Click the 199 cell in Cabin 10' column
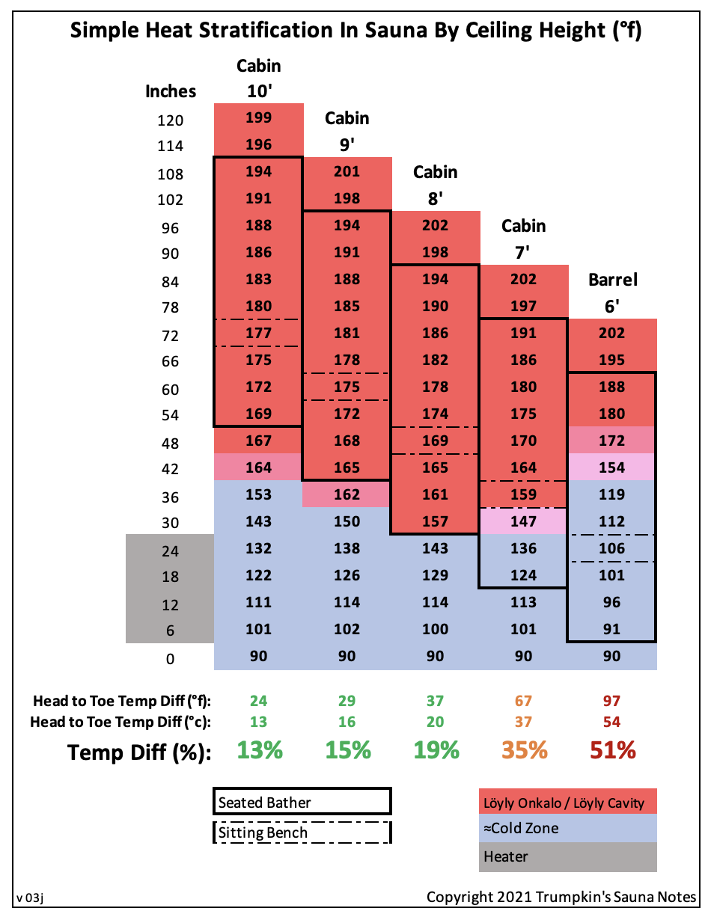click(x=258, y=117)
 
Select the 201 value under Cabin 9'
click(x=347, y=171)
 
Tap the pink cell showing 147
click(x=523, y=521)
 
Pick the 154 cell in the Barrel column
click(x=611, y=467)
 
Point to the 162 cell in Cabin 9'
click(x=347, y=494)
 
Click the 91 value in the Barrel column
click(x=611, y=629)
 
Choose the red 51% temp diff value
click(x=612, y=750)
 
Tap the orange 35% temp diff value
click(x=524, y=750)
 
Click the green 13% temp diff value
click(x=259, y=750)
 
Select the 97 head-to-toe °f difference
click(x=612, y=701)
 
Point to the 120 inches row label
click(x=171, y=120)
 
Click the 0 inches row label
click(x=171, y=659)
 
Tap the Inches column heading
click(x=171, y=91)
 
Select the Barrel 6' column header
click(x=612, y=292)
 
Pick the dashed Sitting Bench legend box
click(x=302, y=832)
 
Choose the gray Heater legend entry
click(x=567, y=856)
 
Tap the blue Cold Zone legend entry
click(x=567, y=828)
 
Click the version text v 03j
click(x=31, y=897)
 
